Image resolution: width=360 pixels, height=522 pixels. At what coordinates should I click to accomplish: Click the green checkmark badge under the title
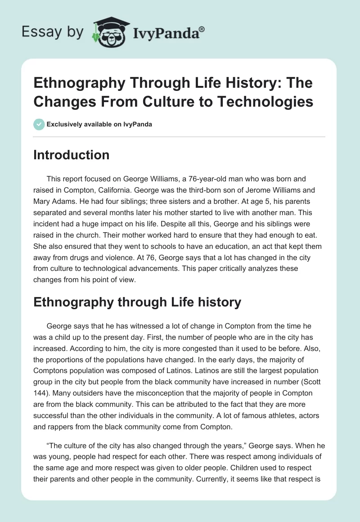[39, 124]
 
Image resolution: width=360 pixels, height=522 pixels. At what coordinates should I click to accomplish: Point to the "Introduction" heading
[72, 155]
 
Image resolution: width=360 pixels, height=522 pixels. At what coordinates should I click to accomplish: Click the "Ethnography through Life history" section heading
[137, 302]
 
